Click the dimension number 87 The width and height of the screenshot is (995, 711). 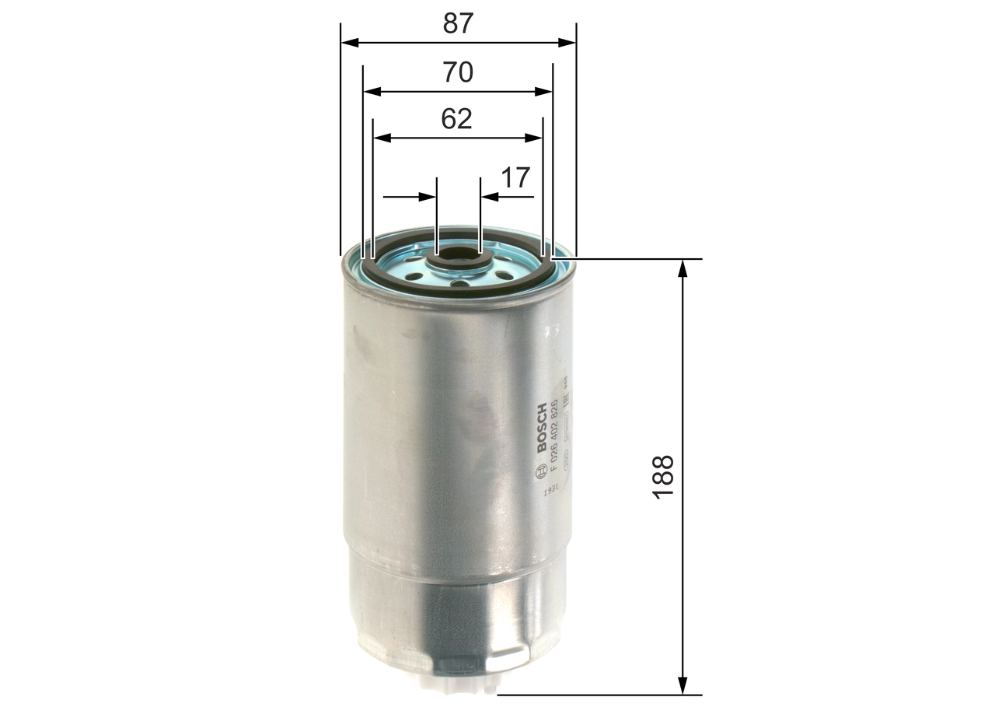click(458, 23)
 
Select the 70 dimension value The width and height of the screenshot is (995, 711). click(458, 72)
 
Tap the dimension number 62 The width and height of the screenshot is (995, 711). click(456, 119)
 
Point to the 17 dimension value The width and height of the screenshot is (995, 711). click(515, 178)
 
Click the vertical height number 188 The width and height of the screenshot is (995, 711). click(664, 477)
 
